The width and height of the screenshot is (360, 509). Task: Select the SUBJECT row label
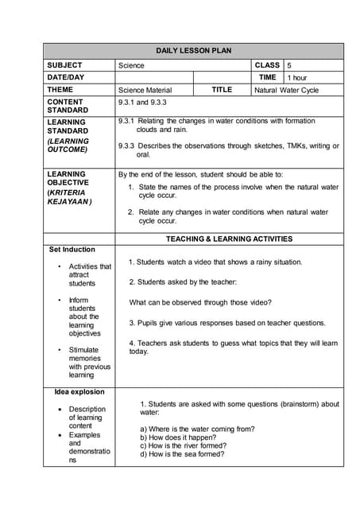click(64, 64)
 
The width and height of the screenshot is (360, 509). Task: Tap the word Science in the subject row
click(131, 65)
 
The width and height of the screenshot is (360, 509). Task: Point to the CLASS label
click(267, 64)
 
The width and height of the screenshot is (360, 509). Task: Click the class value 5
click(290, 64)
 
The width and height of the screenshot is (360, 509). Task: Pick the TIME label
click(267, 77)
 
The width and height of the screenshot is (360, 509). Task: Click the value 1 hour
click(297, 78)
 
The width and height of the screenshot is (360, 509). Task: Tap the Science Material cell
click(144, 91)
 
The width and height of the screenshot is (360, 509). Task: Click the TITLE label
click(222, 90)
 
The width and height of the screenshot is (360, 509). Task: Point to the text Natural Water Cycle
click(286, 91)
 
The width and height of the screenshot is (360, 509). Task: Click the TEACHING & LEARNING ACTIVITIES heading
click(229, 239)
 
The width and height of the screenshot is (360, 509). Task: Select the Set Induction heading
click(72, 250)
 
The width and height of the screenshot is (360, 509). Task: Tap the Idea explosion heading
click(79, 391)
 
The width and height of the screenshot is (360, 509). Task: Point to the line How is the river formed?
click(182, 446)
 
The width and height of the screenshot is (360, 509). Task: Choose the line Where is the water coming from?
click(197, 429)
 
